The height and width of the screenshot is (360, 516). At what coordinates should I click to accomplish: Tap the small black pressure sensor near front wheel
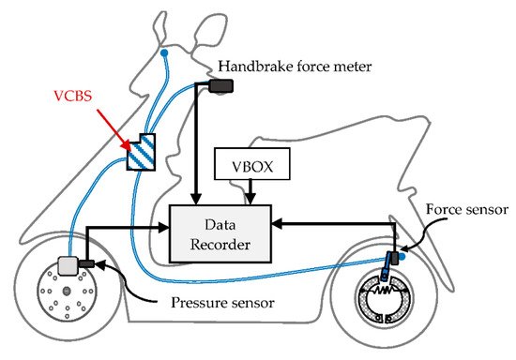click(88, 264)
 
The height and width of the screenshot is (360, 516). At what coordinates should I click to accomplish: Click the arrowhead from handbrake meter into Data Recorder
click(194, 198)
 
